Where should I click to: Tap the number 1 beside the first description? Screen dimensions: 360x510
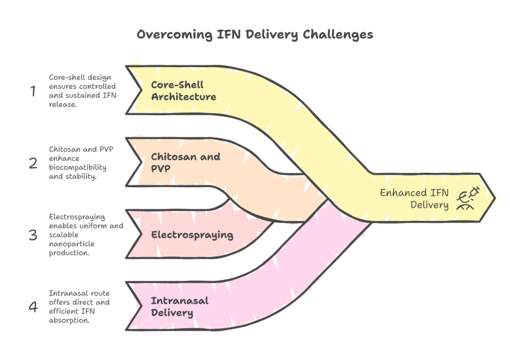tap(33, 91)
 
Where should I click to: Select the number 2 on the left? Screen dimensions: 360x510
tap(33, 163)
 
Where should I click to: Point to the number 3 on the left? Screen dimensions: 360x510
tap(33, 235)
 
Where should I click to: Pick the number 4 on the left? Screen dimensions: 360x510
tap(33, 307)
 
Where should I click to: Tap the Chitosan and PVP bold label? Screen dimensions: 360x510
tap(185, 162)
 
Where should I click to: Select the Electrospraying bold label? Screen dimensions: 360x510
tap(192, 235)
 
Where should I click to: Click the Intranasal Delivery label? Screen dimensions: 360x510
tap(172, 307)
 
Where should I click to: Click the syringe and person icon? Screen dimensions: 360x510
tap(468, 199)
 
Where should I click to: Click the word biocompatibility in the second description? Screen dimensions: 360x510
tap(78, 167)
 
